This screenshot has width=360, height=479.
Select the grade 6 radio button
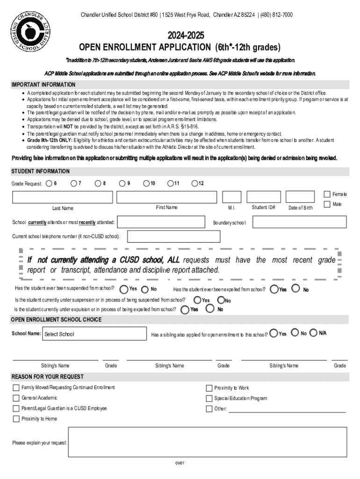click(x=49, y=183)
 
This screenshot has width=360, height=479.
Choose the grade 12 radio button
click(x=194, y=183)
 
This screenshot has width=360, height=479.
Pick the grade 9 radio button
click(x=122, y=183)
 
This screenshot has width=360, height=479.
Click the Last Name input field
click(x=62, y=197)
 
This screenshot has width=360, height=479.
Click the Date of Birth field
click(x=300, y=197)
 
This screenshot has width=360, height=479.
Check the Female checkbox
click(x=327, y=194)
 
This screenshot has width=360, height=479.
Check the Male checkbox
click(x=327, y=204)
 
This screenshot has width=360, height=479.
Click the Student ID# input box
click(x=263, y=197)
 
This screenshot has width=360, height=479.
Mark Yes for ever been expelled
click(x=274, y=289)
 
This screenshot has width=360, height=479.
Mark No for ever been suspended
click(x=145, y=289)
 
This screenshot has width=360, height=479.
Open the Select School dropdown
click(x=94, y=334)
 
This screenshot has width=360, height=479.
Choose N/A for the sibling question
click(x=314, y=333)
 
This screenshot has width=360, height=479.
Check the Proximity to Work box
click(x=209, y=388)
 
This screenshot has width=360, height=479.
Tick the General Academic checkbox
click(x=16, y=398)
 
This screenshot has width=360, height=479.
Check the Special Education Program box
click(x=209, y=399)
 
